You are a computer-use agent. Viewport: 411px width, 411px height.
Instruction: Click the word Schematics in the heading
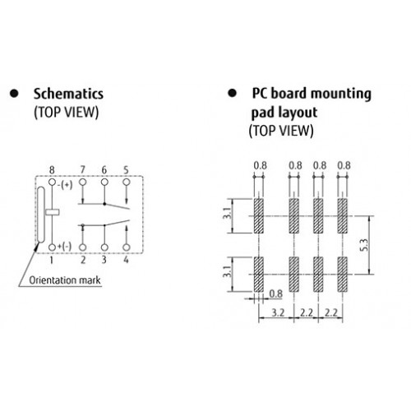[68, 94]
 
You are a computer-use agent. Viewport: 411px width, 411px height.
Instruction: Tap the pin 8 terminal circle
[52, 182]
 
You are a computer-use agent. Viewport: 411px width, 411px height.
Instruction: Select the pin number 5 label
[126, 170]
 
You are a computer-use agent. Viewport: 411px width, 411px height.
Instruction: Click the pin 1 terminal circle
[52, 247]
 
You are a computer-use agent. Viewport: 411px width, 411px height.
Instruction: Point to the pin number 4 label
[126, 260]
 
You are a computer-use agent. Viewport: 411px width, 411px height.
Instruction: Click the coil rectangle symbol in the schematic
[53, 212]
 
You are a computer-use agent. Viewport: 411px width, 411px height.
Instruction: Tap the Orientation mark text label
[65, 280]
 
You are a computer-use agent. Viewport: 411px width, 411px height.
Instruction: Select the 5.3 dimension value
[365, 246]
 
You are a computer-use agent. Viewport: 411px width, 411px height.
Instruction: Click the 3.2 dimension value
[278, 312]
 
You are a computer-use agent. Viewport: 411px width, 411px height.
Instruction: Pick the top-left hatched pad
[259, 216]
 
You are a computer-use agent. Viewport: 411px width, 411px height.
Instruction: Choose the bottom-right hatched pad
[343, 275]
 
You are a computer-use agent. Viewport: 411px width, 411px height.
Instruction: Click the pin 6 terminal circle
[104, 182]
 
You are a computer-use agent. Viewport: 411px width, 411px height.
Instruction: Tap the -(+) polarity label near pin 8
[65, 185]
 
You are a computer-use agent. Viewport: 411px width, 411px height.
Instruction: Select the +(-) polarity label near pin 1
[64, 247]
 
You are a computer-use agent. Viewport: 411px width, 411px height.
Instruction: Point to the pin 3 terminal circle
[104, 247]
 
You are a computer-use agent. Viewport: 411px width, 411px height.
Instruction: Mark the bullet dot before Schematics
[14, 94]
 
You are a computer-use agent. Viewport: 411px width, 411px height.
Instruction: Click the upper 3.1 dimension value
[227, 213]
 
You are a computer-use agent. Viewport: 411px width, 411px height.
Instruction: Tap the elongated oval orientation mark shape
[40, 215]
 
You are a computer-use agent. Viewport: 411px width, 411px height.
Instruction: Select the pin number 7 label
[82, 170]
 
